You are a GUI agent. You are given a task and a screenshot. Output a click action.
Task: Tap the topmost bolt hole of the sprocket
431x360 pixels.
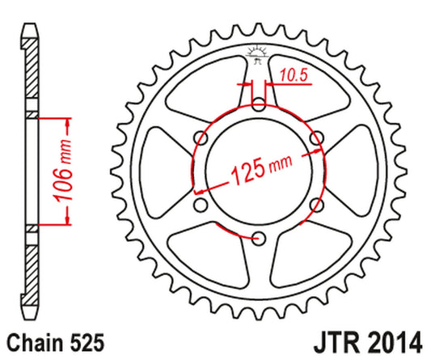click(259, 104)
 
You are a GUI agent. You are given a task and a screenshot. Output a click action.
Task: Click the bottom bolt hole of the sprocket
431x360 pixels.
click(259, 237)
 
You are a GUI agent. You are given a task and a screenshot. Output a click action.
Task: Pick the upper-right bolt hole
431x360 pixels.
click(316, 137)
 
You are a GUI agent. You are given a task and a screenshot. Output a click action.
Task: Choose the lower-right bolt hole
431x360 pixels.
click(316, 204)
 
